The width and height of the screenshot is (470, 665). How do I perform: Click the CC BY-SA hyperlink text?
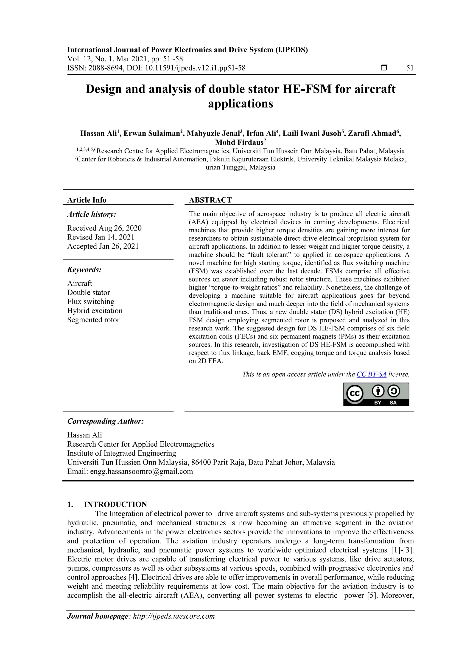coord(371,374)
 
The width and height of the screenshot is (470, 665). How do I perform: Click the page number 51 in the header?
coord(410,68)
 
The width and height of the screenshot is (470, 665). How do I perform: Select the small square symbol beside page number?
coord(384,68)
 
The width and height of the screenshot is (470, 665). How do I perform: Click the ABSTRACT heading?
coord(210,200)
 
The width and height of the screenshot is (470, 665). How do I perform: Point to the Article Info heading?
coord(87,200)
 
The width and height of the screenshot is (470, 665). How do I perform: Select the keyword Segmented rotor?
coord(93,320)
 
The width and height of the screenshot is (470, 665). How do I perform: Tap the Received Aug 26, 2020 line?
coord(104,228)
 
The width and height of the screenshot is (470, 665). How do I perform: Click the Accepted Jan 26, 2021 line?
coord(103,246)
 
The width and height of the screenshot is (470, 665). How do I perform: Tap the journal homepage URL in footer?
coord(174,616)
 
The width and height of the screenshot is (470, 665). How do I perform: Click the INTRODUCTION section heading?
coord(115,504)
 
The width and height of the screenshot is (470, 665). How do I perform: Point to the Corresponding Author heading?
coord(105,421)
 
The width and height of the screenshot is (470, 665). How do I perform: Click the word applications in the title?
coord(240,104)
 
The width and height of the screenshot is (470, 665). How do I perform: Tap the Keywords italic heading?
coord(84,269)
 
